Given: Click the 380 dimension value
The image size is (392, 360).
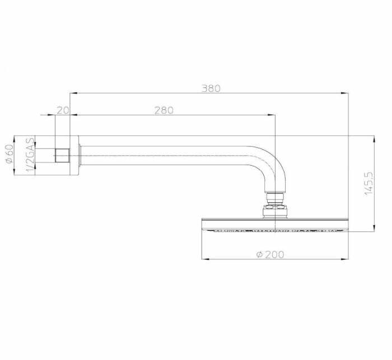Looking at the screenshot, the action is click(x=211, y=88).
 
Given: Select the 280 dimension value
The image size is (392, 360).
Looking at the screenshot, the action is click(x=164, y=110).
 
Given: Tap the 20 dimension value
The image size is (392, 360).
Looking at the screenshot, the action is click(x=63, y=110).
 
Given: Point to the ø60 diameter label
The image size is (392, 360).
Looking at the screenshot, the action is click(x=10, y=154).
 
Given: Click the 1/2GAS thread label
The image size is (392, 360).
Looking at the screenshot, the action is click(x=30, y=155).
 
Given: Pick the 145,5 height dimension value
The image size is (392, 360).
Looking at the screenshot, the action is click(x=368, y=184).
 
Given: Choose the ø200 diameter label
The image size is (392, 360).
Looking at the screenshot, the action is click(x=270, y=255).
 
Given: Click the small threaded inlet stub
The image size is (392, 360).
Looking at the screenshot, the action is click(x=62, y=155).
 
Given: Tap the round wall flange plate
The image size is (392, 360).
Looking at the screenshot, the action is click(x=74, y=155).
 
